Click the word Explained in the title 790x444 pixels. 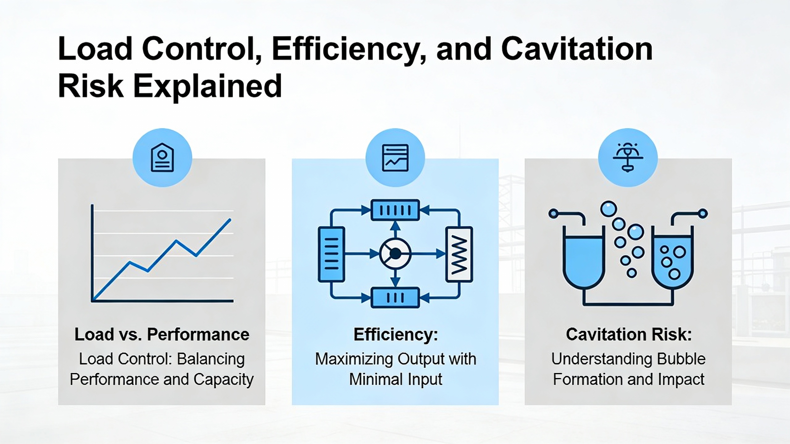point(207,86)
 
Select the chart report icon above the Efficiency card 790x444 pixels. point(395,158)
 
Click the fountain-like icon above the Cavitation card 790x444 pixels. point(628,157)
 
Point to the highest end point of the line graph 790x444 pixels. point(230,220)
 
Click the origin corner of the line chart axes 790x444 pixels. point(92,301)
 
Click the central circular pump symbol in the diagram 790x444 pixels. point(395,254)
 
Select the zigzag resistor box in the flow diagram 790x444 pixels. point(459,254)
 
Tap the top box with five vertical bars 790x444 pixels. point(395,210)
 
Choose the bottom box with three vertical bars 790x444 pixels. point(395,298)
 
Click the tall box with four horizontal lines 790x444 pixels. point(331,254)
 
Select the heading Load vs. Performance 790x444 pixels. point(162,335)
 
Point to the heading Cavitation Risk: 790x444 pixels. point(629,335)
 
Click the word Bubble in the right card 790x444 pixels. point(681,359)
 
